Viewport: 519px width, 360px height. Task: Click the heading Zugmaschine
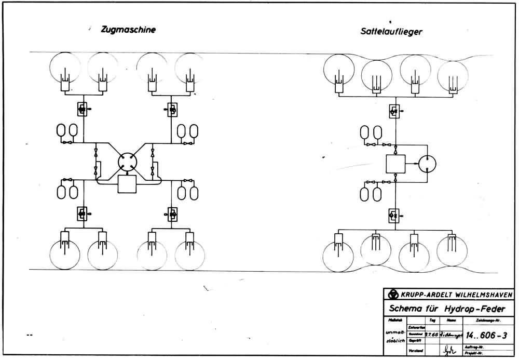(128, 30)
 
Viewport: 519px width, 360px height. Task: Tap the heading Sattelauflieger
(391, 31)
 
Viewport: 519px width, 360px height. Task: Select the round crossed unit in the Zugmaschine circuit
(127, 163)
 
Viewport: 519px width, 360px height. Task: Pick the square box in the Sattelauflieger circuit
(396, 164)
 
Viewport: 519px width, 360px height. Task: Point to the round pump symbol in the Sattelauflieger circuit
(427, 164)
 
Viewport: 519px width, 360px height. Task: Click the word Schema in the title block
(408, 308)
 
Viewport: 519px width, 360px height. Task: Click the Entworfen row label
(417, 327)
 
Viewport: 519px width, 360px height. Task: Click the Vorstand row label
(416, 351)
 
